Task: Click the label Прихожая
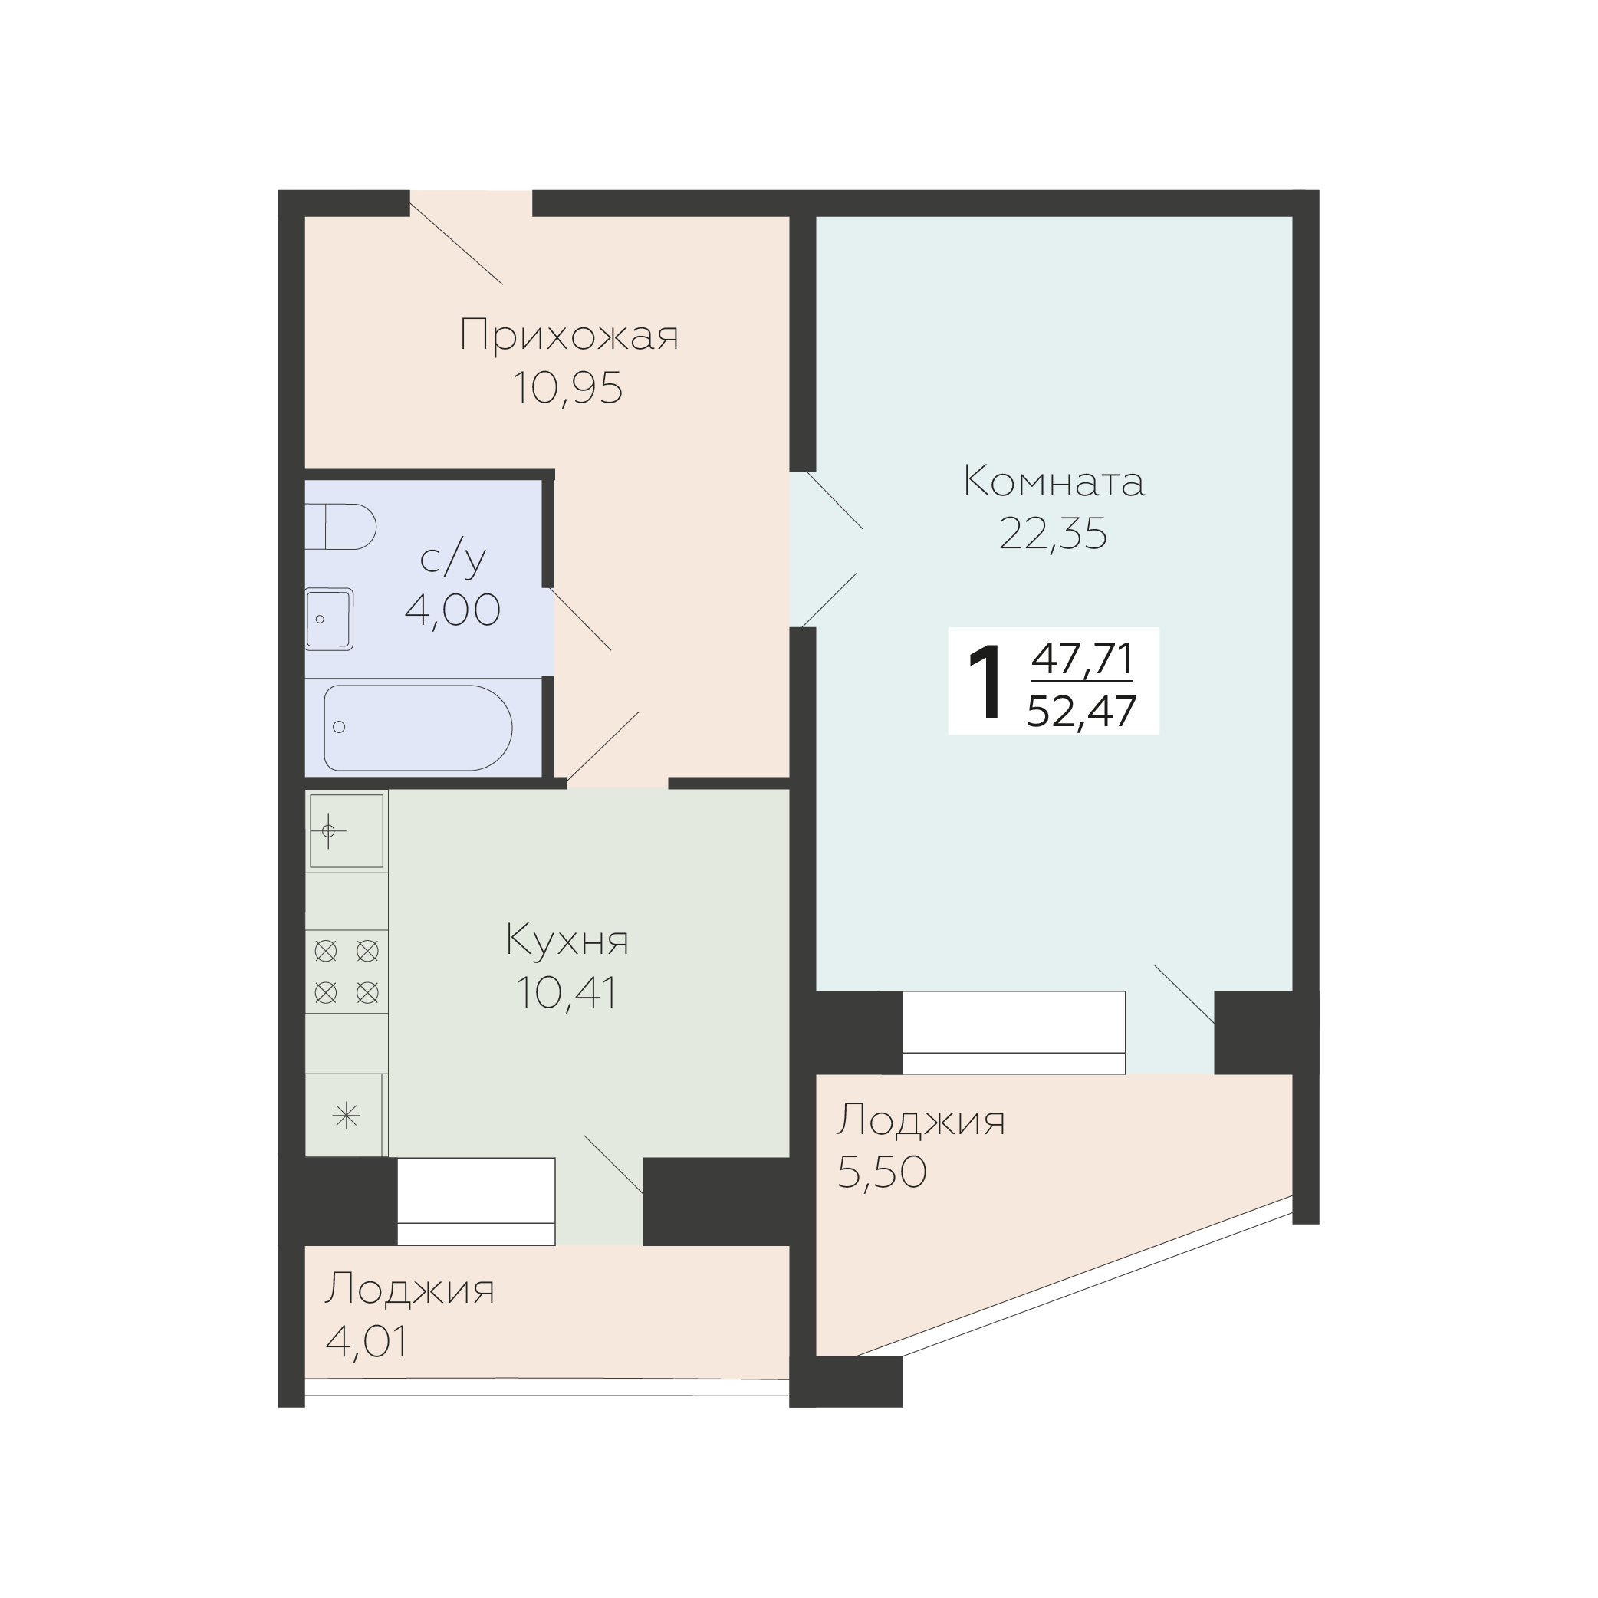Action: click(x=569, y=336)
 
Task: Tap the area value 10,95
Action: click(x=567, y=388)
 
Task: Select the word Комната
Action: click(x=1054, y=482)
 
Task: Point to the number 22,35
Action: click(x=1053, y=534)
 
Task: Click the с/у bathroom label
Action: click(x=452, y=559)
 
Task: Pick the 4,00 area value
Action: click(x=452, y=610)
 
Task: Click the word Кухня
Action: click(x=567, y=940)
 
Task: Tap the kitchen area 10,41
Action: click(x=567, y=992)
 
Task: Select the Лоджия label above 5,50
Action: click(x=921, y=1121)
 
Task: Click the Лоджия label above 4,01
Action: click(x=410, y=1290)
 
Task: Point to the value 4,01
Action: click(x=367, y=1342)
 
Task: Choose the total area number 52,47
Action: click(x=1082, y=711)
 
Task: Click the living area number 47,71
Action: click(x=1082, y=659)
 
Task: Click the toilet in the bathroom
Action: click(x=340, y=526)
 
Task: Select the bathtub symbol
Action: click(x=418, y=728)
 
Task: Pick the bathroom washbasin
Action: click(x=329, y=619)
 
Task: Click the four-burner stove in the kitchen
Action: click(x=347, y=972)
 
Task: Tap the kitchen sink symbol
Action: click(x=347, y=830)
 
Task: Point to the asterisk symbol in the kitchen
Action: click(x=346, y=1116)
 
